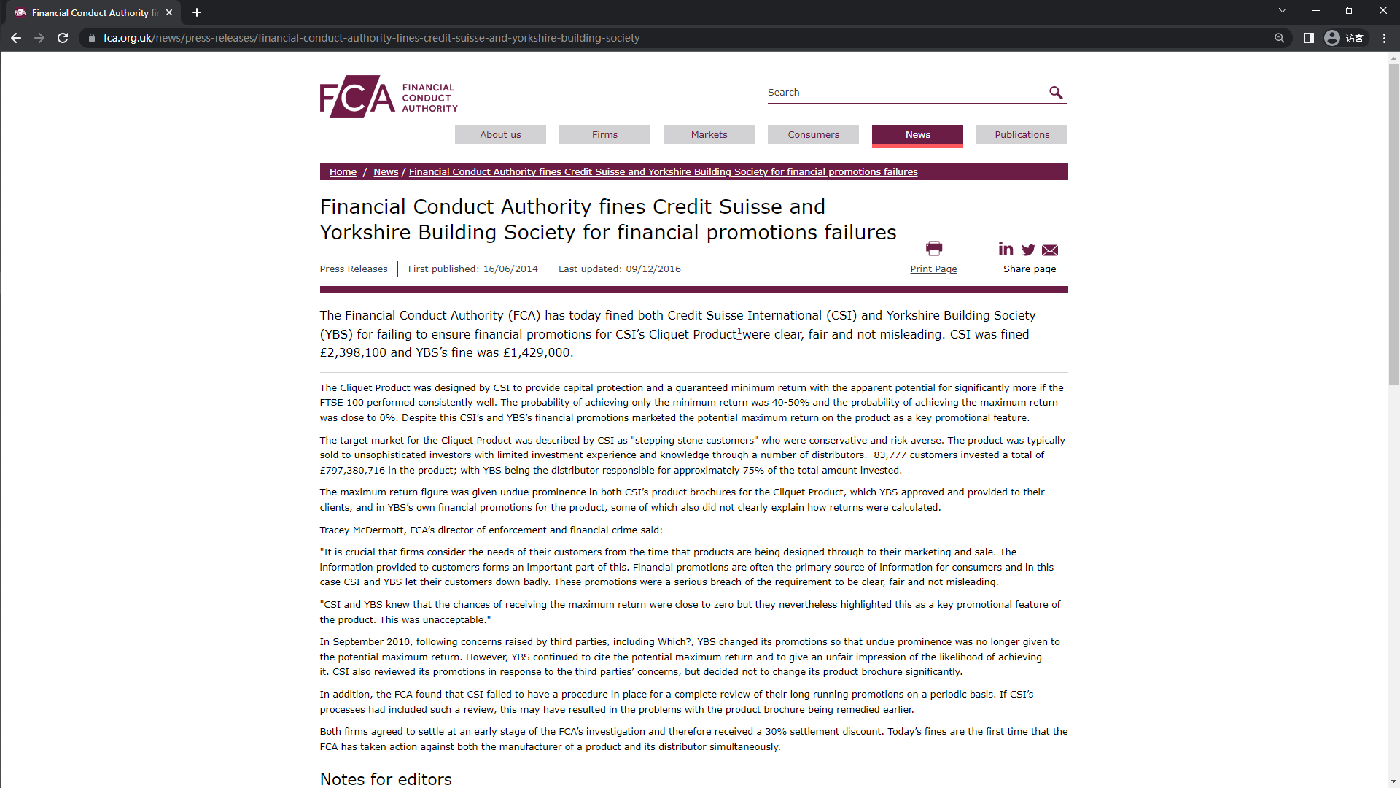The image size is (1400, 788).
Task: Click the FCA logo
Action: (x=388, y=96)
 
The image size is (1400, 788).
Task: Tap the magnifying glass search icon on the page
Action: (x=1055, y=93)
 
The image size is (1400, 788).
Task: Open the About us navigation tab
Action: (x=500, y=135)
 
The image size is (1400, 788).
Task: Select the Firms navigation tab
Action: (x=604, y=135)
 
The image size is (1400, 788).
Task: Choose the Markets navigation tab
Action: (x=709, y=135)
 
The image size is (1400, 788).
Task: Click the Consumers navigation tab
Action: (x=813, y=135)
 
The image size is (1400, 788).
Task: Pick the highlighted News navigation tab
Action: (x=917, y=135)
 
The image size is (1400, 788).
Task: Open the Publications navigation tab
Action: (x=1022, y=135)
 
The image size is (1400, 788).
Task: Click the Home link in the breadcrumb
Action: (x=343, y=172)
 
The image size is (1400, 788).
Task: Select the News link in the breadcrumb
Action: (x=386, y=172)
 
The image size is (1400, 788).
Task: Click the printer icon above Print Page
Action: (x=933, y=249)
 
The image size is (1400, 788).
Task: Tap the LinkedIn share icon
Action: (x=1006, y=250)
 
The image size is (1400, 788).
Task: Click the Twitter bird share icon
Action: (x=1028, y=250)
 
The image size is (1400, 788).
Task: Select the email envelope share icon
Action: (x=1050, y=250)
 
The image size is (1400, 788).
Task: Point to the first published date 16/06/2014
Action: (x=510, y=269)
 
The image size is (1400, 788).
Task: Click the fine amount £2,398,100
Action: (x=353, y=353)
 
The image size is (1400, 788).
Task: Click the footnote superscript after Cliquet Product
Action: (x=739, y=331)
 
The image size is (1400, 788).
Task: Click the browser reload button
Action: (x=63, y=38)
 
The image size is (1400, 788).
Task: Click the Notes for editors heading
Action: (x=386, y=779)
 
